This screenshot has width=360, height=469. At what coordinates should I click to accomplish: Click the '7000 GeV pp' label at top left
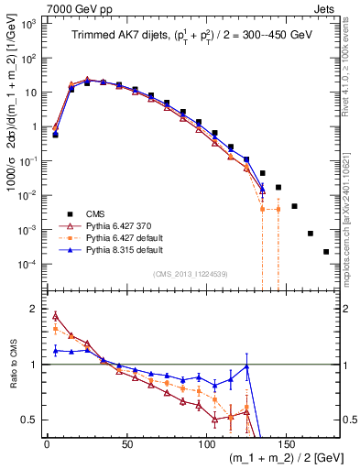pyautogui.click(x=36, y=7)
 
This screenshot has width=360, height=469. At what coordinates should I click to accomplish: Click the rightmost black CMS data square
pyautogui.click(x=326, y=251)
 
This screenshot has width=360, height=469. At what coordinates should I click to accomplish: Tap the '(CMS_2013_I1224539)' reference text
pyautogui.click(x=191, y=272)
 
